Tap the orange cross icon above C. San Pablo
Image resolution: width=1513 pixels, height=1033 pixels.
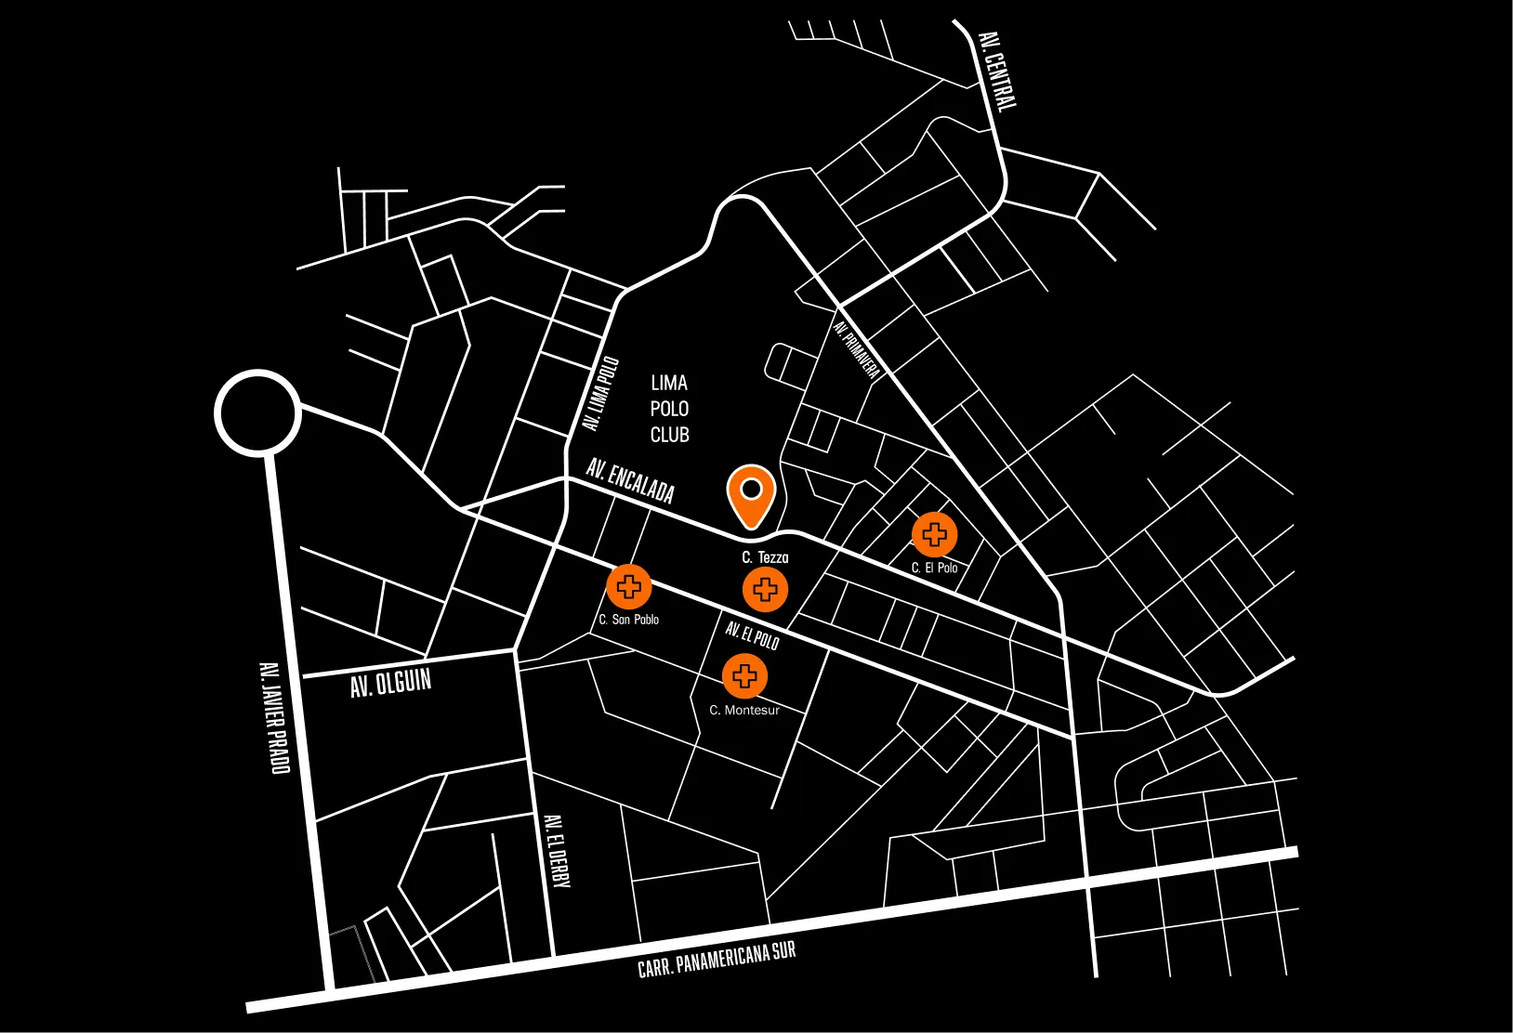[629, 586]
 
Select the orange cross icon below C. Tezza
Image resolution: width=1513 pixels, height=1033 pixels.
[765, 589]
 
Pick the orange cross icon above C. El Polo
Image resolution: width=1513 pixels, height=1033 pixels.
[934, 534]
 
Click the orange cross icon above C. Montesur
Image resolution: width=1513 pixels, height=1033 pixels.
[744, 676]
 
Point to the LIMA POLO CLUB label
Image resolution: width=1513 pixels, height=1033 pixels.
[669, 409]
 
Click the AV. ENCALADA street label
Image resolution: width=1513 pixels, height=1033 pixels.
[630, 480]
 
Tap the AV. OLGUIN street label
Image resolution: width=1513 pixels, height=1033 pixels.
[390, 683]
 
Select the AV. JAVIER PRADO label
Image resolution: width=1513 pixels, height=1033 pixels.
[274, 717]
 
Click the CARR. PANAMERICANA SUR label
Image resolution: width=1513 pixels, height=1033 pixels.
[717, 959]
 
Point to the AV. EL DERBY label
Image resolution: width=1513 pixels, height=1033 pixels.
[556, 851]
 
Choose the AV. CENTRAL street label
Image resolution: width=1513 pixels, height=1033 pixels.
[997, 71]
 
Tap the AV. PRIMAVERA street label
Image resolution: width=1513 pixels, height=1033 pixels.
[856, 349]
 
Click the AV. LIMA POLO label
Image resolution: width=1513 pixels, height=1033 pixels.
[600, 394]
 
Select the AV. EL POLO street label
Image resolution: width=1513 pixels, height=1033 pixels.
[752, 635]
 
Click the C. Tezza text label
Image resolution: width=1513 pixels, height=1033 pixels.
[765, 557]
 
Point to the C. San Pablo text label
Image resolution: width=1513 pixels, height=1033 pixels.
[628, 620]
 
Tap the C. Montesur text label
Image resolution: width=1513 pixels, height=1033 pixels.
[744, 710]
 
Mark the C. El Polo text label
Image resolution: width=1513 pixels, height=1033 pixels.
[934, 568]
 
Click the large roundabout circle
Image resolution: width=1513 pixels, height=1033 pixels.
[257, 413]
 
